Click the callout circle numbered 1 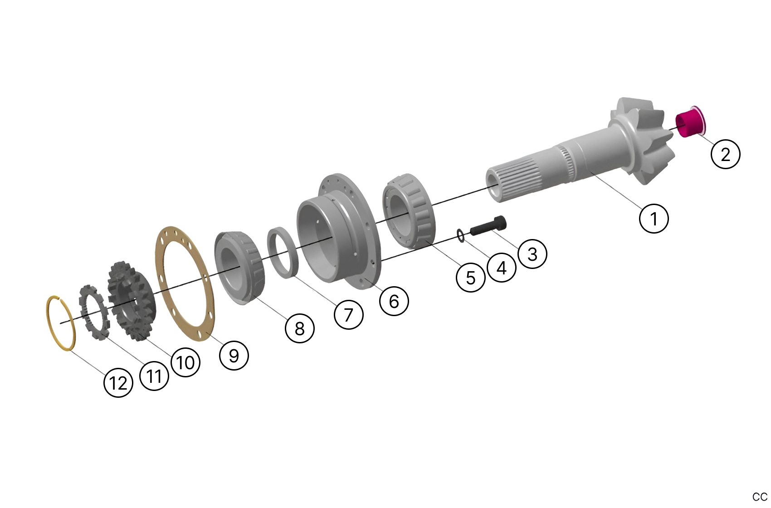(653, 219)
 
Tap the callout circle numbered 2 (725, 154)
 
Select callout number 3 (532, 254)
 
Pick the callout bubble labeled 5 (470, 277)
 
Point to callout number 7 (348, 314)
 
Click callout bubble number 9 (234, 355)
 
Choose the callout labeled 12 (118, 383)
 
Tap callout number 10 (185, 362)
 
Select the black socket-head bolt (488, 225)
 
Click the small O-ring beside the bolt (461, 236)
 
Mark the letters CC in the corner (760, 497)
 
